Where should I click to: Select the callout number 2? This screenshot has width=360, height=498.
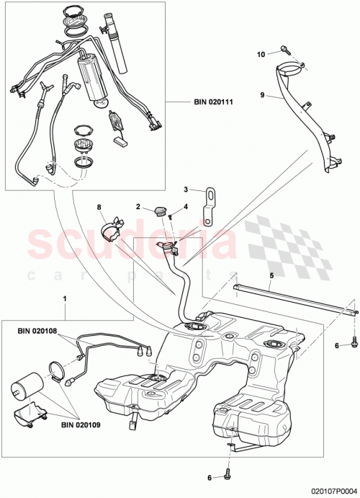[x=137, y=207]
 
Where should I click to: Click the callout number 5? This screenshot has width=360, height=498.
[x=271, y=274]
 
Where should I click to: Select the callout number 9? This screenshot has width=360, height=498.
[x=262, y=94]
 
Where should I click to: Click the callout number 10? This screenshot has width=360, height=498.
[x=261, y=53]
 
